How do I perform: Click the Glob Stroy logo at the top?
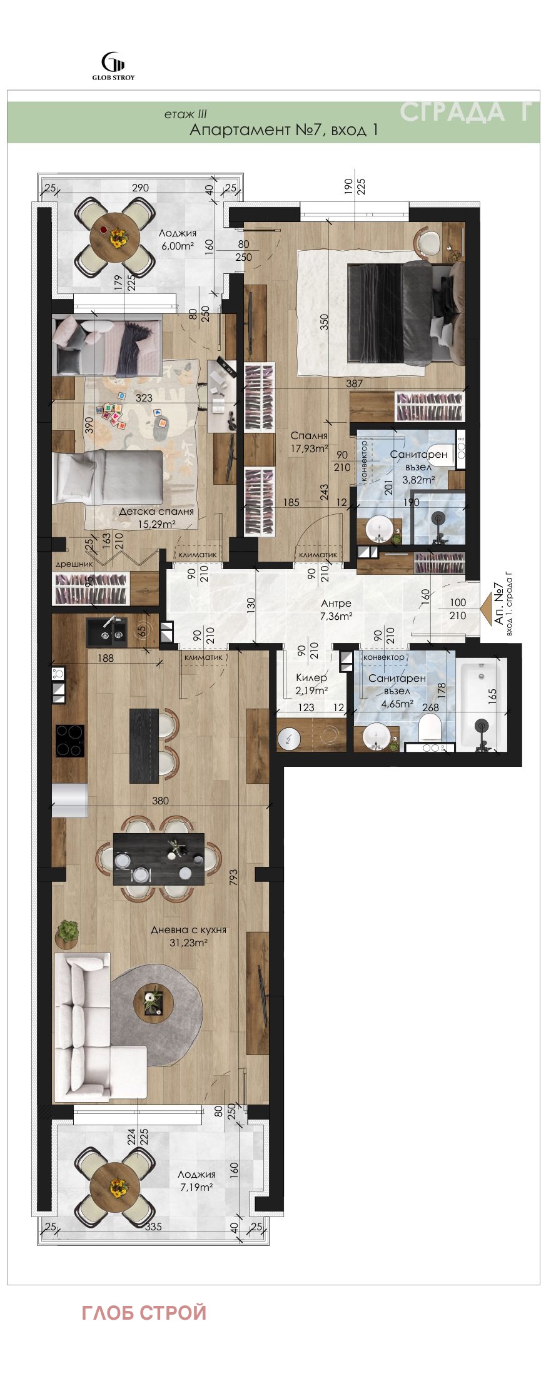pos(113,66)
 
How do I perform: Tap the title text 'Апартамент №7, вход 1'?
pos(283,130)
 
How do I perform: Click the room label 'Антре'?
pos(336,604)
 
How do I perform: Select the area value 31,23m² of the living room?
pos(188,943)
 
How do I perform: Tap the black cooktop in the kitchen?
pos(70,741)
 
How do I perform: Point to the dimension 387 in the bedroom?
pos(355,383)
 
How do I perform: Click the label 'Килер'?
pos(311,679)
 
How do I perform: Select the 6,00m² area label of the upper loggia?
pos(177,246)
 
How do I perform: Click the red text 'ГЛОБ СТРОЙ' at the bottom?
pos(144,1312)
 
